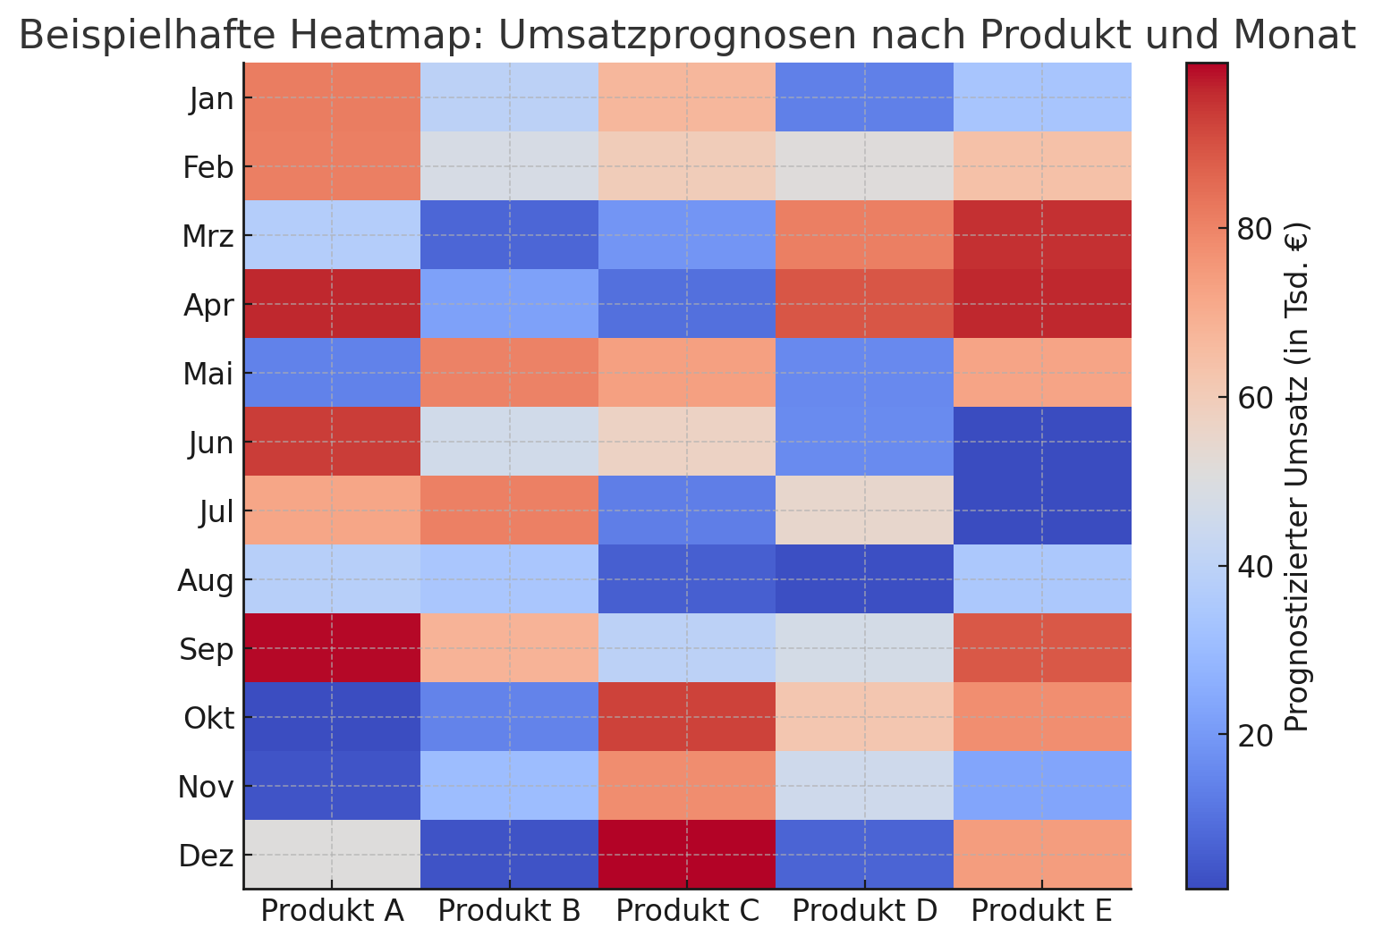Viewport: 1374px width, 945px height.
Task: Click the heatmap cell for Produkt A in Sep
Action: tap(332, 648)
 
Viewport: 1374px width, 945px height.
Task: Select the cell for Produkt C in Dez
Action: tap(687, 854)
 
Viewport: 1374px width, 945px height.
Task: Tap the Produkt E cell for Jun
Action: tap(1042, 442)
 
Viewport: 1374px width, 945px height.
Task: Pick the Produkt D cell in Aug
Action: tap(864, 579)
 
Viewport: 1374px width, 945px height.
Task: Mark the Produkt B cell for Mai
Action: tap(510, 373)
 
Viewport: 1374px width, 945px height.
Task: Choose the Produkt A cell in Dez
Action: tap(332, 854)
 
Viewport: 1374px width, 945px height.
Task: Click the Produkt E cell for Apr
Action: tap(1042, 305)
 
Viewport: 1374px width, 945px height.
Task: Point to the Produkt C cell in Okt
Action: tap(687, 717)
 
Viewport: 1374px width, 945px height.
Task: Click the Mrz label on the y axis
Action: tap(208, 237)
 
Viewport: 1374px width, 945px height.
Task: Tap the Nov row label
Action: tap(206, 787)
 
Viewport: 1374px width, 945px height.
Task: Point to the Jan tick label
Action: tap(212, 99)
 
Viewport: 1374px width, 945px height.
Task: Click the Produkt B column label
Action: tap(510, 911)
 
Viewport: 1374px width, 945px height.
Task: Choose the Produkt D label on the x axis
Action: tap(864, 911)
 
